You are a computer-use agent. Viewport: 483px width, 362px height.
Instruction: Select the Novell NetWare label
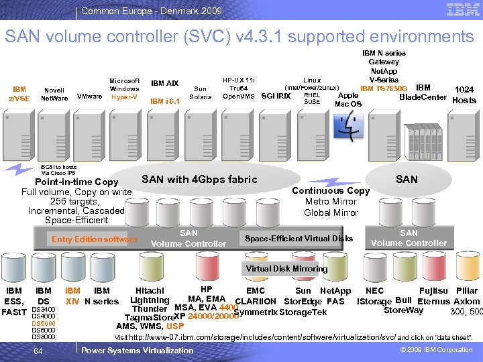click(54, 95)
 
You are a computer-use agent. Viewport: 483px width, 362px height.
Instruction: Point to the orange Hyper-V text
click(124, 97)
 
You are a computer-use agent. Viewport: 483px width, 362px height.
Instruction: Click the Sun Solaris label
click(200, 93)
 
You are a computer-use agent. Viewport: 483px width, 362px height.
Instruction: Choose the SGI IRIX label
click(275, 96)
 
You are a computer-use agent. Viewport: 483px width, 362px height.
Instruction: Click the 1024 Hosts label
click(464, 95)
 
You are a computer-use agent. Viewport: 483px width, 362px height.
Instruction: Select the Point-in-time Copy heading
click(76, 182)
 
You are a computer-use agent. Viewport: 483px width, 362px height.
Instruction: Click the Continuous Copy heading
click(331, 190)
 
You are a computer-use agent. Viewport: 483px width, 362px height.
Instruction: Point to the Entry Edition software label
click(94, 239)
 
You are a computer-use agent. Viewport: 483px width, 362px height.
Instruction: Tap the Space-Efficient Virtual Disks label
click(299, 239)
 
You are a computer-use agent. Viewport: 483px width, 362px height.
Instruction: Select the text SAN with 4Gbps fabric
click(199, 179)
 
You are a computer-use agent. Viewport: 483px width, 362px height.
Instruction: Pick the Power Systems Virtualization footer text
click(137, 351)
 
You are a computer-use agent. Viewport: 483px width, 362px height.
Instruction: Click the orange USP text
click(175, 326)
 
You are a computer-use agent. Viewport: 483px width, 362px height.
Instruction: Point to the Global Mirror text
click(331, 213)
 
